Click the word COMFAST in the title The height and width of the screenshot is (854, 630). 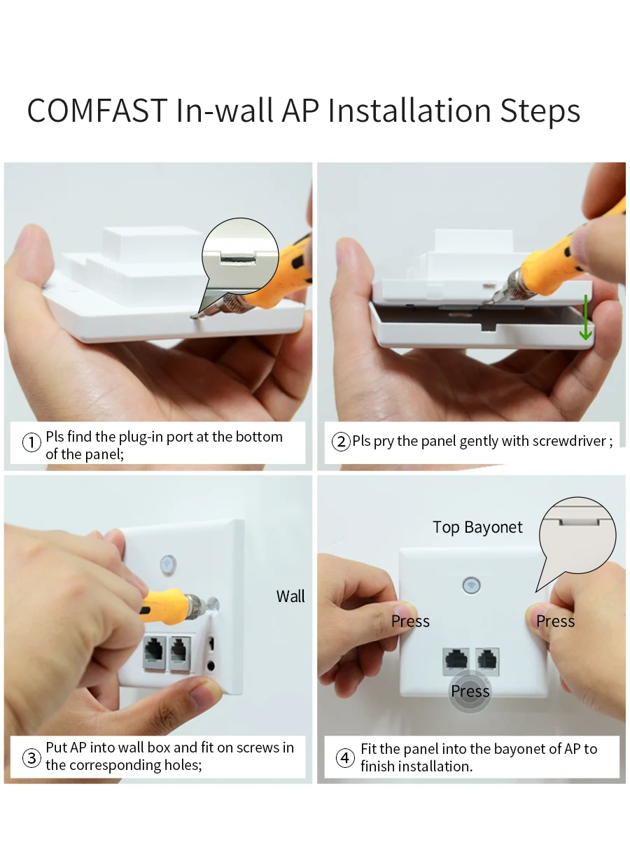click(x=97, y=111)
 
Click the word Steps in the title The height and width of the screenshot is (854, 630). click(x=540, y=111)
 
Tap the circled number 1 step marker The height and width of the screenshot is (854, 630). click(x=31, y=442)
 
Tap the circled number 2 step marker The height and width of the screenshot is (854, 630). click(x=340, y=442)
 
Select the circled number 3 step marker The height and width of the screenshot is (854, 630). click(x=31, y=758)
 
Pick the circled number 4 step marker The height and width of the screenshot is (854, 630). click(x=345, y=758)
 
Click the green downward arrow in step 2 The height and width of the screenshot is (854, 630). click(x=585, y=318)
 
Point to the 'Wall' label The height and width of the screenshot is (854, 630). click(x=290, y=596)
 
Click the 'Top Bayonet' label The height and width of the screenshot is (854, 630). click(x=477, y=527)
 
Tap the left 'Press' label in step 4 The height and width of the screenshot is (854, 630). click(x=410, y=621)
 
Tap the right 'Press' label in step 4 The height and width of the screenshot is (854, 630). click(x=555, y=621)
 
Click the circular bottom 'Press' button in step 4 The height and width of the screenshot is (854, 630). click(x=470, y=692)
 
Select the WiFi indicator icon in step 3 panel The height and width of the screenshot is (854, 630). click(x=168, y=563)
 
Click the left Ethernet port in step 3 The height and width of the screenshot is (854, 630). click(x=155, y=654)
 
